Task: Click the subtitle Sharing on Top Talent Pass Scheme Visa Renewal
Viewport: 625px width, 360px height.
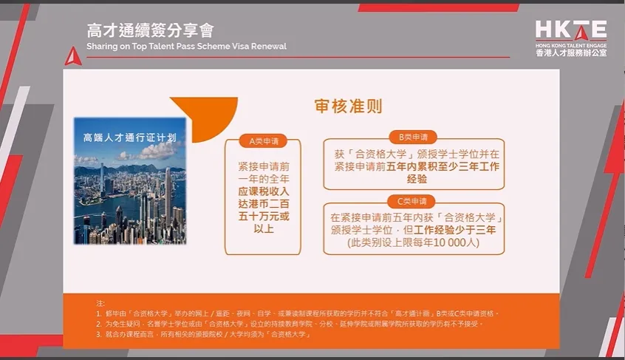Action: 186,47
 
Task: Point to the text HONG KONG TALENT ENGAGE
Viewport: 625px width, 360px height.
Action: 570,45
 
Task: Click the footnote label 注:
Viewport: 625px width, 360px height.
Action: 101,303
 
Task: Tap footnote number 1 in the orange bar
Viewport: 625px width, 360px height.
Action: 98,313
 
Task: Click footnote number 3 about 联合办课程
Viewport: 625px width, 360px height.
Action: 98,334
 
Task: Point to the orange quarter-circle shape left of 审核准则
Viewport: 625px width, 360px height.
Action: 196,115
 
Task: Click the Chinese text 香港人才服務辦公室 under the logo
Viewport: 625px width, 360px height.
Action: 570,55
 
